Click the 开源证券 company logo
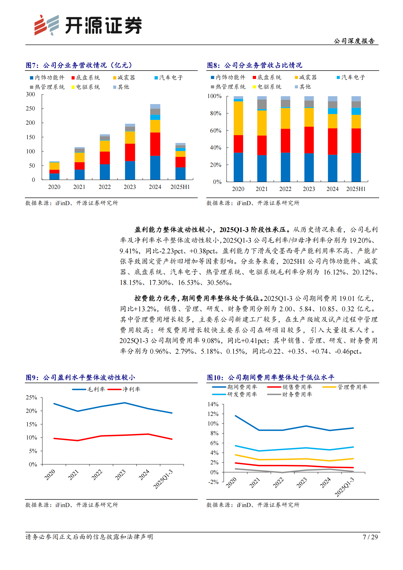point(88,25)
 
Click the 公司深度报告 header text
point(354,41)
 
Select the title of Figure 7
point(79,65)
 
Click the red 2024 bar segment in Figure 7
point(155,144)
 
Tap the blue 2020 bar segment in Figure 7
point(54,176)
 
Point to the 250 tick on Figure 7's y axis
point(30,108)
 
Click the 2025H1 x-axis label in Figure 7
point(180,187)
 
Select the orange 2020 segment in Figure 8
point(238,118)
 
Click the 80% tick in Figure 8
point(215,113)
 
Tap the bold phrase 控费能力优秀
point(155,298)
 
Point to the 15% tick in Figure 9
point(31,424)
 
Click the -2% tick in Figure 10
point(213,482)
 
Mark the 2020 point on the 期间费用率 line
point(236,416)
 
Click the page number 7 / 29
point(370,537)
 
